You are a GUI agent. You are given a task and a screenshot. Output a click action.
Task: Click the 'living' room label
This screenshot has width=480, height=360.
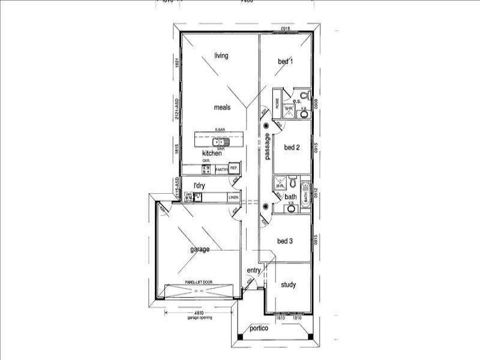(221, 56)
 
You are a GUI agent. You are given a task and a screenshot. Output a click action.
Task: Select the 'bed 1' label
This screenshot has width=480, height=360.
(285, 61)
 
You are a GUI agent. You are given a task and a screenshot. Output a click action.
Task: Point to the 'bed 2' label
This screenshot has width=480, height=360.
(292, 148)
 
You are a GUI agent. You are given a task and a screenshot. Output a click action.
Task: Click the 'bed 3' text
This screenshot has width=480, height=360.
(284, 241)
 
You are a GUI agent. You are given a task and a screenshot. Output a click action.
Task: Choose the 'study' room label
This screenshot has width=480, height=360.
(288, 285)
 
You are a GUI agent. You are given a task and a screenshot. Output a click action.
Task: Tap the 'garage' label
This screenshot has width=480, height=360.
(200, 250)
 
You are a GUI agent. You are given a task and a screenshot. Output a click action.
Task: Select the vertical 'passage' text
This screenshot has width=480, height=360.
(268, 146)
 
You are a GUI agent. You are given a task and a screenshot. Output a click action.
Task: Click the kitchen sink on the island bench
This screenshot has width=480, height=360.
(220, 142)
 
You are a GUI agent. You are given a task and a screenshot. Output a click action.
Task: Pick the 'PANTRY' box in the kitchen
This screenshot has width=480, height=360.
(221, 170)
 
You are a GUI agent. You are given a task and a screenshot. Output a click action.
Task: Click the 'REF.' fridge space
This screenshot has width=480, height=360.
(234, 169)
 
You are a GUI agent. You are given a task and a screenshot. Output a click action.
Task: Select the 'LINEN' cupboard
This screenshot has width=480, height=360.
(233, 197)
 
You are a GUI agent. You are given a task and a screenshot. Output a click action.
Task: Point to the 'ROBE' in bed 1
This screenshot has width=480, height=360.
(277, 102)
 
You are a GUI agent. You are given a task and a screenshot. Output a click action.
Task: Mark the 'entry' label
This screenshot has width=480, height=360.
(254, 271)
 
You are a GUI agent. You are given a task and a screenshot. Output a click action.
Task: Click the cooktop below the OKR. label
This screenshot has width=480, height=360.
(206, 170)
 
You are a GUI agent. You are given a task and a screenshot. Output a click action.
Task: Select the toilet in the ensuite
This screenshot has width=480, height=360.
(304, 95)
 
